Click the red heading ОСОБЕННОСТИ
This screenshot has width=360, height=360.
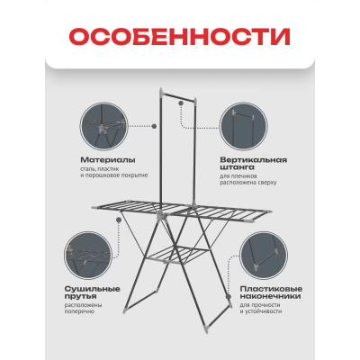(x=180, y=39)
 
